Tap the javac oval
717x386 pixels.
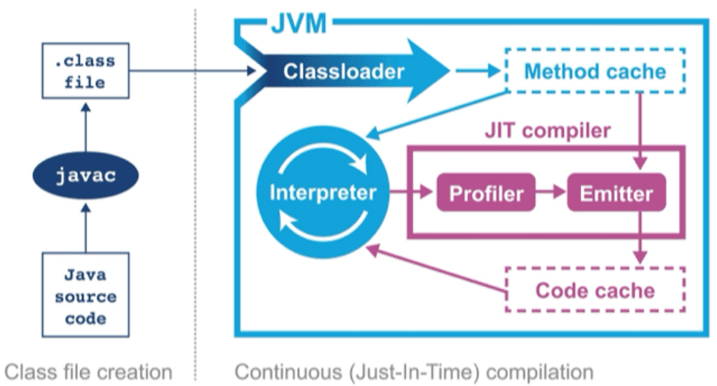point(85,176)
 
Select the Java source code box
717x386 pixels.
point(85,295)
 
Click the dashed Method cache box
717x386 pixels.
point(595,70)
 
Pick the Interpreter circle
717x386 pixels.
point(323,193)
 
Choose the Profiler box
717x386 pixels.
point(486,193)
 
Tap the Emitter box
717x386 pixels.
point(616,193)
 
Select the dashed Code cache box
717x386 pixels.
point(595,290)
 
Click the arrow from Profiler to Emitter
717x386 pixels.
point(551,193)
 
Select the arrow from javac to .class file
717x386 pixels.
point(85,127)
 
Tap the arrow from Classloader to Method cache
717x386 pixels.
point(478,70)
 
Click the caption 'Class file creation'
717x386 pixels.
point(88,371)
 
